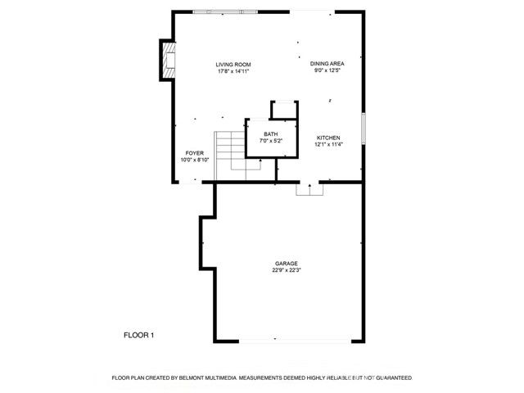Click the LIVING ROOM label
233,64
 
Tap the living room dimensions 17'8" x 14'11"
233,71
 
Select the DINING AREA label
327,64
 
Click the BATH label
270,134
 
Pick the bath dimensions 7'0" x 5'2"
270,142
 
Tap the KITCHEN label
327,138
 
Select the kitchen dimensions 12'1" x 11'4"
327,145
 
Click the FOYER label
194,153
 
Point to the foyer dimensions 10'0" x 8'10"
194,160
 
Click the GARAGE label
286,263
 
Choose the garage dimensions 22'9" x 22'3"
286,270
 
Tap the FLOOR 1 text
138,335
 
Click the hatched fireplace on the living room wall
167,61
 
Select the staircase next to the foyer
233,151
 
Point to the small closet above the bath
283,110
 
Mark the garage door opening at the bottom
286,341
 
